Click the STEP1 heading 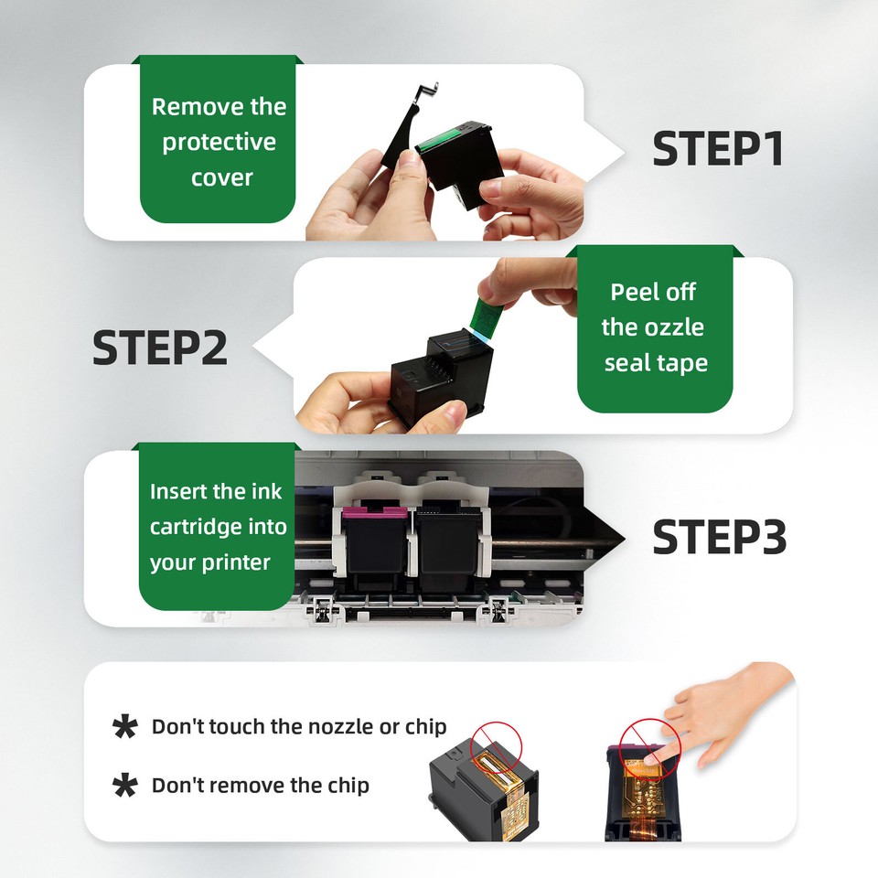click(718, 149)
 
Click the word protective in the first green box click(219, 143)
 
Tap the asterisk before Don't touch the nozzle click(124, 727)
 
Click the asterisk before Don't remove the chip click(124, 786)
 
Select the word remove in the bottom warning click(251, 786)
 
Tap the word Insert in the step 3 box click(179, 491)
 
